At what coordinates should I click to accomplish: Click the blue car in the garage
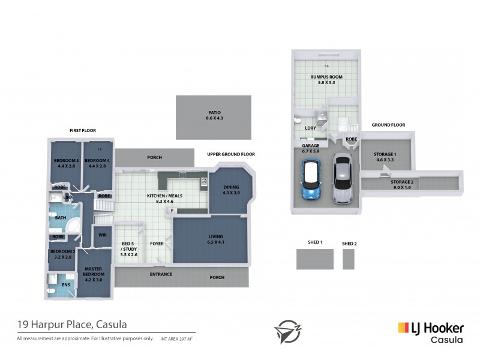(x=311, y=182)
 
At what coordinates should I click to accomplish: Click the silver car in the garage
(x=342, y=179)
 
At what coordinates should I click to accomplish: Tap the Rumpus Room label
(x=326, y=80)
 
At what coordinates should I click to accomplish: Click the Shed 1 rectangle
(x=314, y=259)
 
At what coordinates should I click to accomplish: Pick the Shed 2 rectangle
(x=349, y=259)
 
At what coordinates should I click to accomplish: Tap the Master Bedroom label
(x=94, y=273)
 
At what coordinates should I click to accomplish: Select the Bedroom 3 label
(x=65, y=163)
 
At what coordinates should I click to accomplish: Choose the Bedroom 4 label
(x=96, y=163)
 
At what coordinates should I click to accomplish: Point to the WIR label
(x=102, y=235)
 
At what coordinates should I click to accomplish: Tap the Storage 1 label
(x=386, y=157)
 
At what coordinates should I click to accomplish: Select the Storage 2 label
(x=402, y=184)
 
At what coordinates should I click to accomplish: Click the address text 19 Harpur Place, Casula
(x=71, y=325)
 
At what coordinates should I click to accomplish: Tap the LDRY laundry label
(x=310, y=128)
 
